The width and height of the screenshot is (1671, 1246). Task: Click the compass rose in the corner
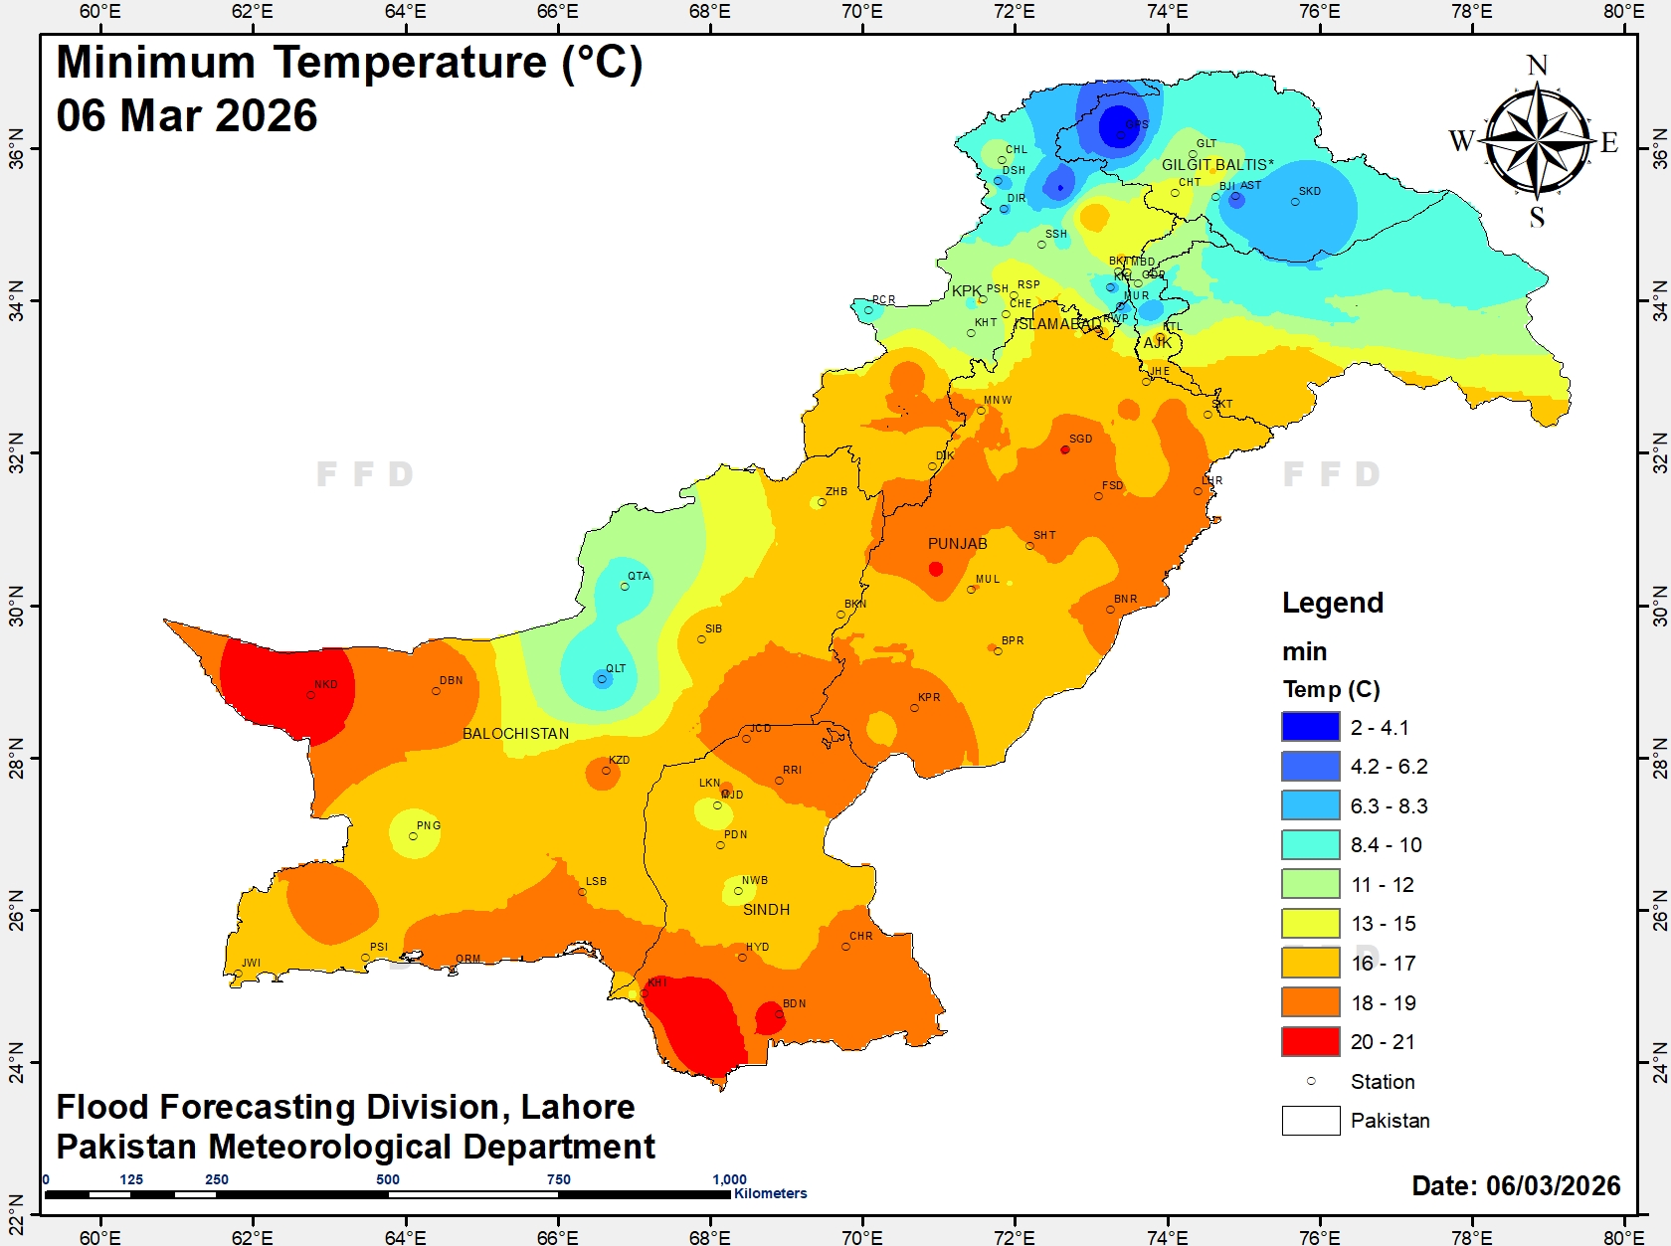(x=1537, y=139)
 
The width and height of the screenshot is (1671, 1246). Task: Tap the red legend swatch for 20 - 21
(x=1310, y=1041)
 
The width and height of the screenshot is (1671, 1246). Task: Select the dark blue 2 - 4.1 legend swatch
(x=1310, y=727)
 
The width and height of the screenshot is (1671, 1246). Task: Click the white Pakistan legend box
(x=1310, y=1120)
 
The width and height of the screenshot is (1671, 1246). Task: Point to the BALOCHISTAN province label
(x=515, y=734)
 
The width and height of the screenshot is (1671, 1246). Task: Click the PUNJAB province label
(x=957, y=544)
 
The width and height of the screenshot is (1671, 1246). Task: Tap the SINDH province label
(x=766, y=910)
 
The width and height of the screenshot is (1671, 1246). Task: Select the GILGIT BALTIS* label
(x=1217, y=165)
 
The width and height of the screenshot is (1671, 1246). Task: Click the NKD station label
(x=326, y=684)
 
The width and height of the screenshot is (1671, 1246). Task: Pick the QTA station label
(x=639, y=576)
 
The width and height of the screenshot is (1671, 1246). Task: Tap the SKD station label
(x=1310, y=191)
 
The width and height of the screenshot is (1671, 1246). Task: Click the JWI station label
(x=251, y=963)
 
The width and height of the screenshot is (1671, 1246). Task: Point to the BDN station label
(x=794, y=1003)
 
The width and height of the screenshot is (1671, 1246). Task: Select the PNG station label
(x=428, y=825)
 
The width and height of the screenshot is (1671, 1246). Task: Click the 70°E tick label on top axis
(x=861, y=12)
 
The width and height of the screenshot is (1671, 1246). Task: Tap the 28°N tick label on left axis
(x=16, y=758)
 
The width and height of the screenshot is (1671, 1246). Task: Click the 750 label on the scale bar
(x=559, y=1179)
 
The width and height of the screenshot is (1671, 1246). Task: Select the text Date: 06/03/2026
(x=1516, y=1185)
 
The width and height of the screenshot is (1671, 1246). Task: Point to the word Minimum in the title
(x=156, y=63)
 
